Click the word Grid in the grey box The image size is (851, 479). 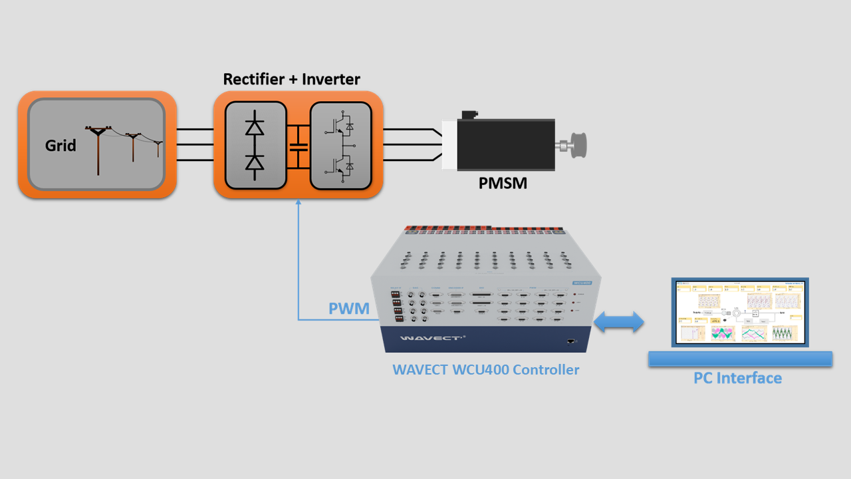(x=61, y=145)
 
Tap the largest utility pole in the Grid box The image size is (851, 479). (x=98, y=150)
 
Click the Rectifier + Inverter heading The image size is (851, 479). (x=291, y=79)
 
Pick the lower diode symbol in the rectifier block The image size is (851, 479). (x=255, y=162)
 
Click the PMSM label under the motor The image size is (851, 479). (x=503, y=182)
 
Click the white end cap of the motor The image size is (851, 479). (x=449, y=144)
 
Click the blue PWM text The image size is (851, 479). (x=348, y=309)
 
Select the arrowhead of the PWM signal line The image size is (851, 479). (x=299, y=203)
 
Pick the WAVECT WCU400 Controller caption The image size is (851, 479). (x=485, y=369)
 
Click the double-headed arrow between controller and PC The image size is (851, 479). (x=619, y=322)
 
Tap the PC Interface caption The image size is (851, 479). (x=737, y=378)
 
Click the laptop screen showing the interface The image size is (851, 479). (x=740, y=311)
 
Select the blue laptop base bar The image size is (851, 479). (x=740, y=359)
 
